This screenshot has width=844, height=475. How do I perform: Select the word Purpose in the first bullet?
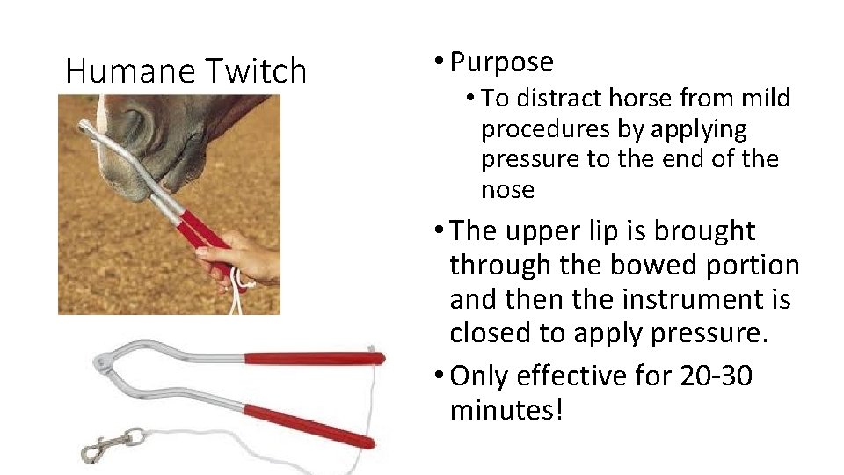pos(501,62)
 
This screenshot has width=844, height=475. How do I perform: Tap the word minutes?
pos(505,409)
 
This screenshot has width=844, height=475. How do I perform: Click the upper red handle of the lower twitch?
pos(313,358)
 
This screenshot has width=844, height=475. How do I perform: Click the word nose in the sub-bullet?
pos(507,189)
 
